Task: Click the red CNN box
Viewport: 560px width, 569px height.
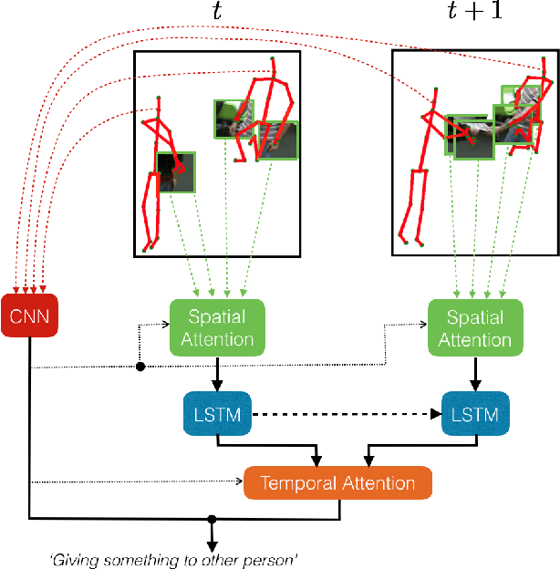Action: [30, 316]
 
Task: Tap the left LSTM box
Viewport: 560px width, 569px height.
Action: [216, 415]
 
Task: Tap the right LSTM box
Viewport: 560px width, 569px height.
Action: [474, 415]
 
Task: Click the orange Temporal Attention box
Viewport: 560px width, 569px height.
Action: [337, 483]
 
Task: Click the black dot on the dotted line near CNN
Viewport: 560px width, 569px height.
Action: [140, 367]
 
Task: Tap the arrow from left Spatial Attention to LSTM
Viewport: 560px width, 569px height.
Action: [216, 373]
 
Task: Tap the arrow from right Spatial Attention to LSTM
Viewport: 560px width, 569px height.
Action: [474, 373]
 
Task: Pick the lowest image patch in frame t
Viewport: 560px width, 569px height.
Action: [176, 172]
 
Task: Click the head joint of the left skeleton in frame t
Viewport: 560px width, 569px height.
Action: [158, 97]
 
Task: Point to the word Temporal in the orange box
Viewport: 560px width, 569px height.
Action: [293, 483]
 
